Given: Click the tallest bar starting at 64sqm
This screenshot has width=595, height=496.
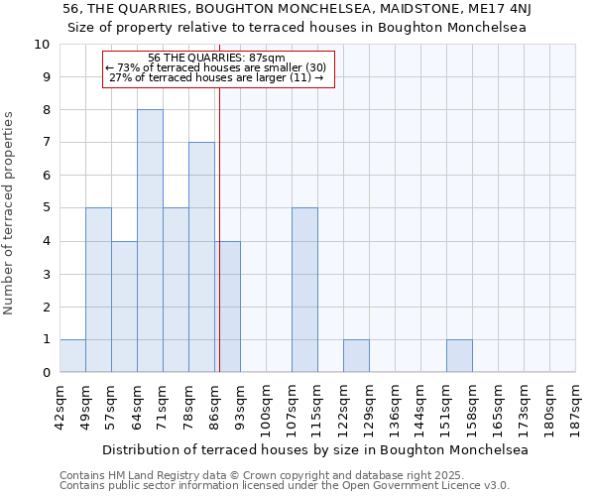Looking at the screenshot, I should pos(150,241).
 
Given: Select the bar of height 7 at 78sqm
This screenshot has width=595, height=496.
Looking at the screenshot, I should pos(201,258).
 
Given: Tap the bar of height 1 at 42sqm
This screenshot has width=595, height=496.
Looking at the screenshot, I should pos(72,356).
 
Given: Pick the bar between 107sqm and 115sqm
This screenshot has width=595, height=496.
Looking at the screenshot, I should pos(304,291).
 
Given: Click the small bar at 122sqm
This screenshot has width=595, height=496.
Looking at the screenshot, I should pos(356,356).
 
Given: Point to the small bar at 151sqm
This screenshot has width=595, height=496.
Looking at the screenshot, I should pos(459,356).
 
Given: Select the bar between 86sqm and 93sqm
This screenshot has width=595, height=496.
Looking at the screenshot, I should pos(227,307).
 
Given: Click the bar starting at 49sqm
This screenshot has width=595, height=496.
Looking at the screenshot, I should pos(98,291).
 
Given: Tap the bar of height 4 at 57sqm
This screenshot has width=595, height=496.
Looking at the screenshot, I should pos(124,307).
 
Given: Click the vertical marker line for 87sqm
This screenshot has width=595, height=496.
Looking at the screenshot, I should pos(219,228).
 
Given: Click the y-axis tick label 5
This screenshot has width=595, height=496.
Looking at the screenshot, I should pos(45,208).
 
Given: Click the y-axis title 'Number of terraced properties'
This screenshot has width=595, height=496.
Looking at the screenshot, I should pos(9,213).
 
